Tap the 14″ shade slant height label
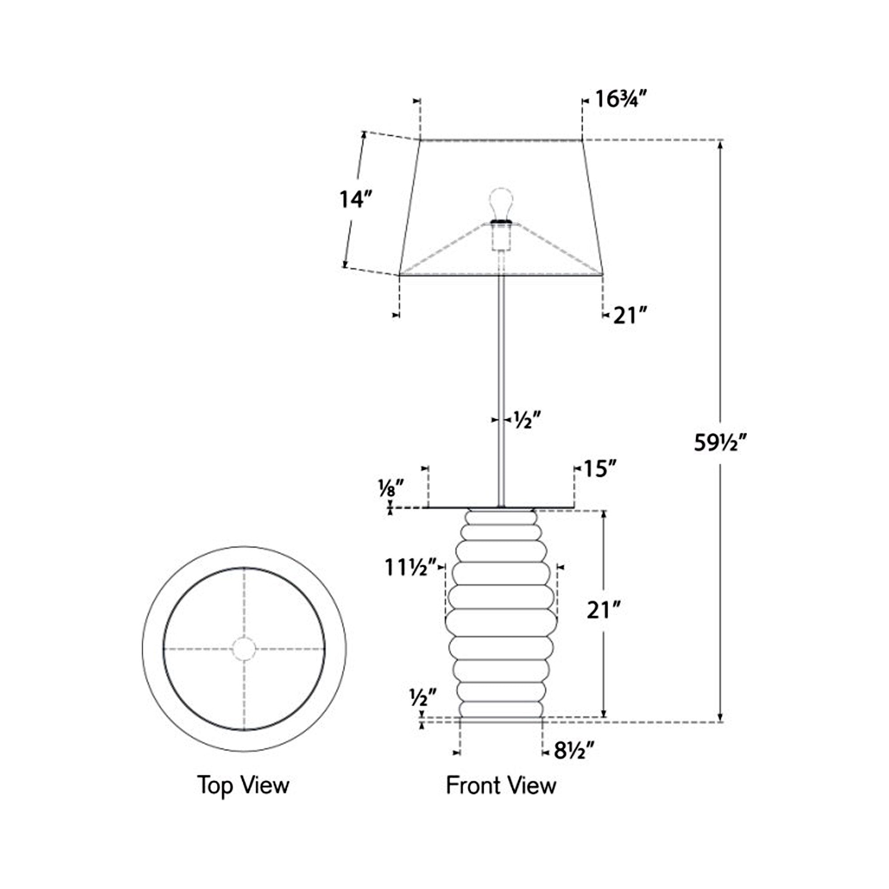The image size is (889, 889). (x=355, y=199)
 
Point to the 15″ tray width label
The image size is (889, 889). (x=600, y=469)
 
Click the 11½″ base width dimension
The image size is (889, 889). (x=410, y=567)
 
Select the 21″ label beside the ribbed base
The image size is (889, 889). (x=605, y=611)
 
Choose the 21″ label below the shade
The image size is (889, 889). (x=630, y=316)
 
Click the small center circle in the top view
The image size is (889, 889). (x=244, y=649)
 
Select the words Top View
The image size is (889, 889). (x=244, y=785)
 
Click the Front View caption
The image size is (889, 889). (x=501, y=785)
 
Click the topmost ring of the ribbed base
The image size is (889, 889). (x=501, y=518)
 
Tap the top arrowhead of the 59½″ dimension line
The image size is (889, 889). (x=721, y=144)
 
